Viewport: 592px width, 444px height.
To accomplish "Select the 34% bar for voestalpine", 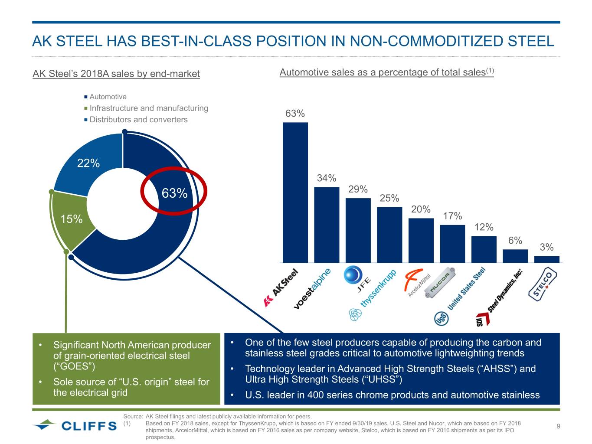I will pos(327,225).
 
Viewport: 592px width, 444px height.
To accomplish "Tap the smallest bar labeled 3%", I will pos(546,259).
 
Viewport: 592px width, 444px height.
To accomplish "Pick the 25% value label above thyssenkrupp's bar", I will pos(389,198).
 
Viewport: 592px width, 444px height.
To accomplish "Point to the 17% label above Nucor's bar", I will pos(452,216).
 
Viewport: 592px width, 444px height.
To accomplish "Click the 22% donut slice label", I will pos(88,163).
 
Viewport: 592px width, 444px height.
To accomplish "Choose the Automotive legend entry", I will pos(108,97).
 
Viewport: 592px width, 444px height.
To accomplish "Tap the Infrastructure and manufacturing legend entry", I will pos(148,108).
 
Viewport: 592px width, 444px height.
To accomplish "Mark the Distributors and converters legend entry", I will pos(138,120).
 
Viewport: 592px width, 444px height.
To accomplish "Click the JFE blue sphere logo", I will pos(353,274).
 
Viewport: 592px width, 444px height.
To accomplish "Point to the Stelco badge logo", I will pos(543,284).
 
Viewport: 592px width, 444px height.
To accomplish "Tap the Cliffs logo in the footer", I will pos(75,425).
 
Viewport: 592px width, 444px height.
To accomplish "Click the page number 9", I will pos(558,426).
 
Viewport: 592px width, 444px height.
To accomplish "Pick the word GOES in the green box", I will pos(73,367).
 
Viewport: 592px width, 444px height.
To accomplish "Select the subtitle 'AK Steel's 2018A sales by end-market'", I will pos(116,74).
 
